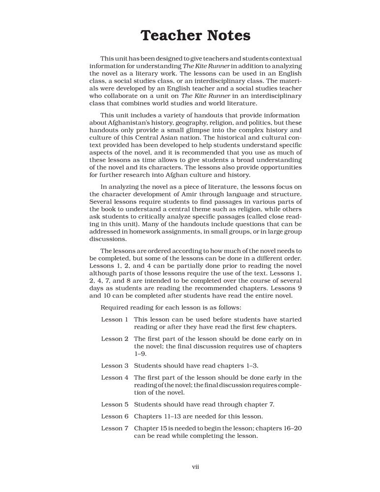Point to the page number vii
point(195,466)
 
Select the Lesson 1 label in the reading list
point(115,319)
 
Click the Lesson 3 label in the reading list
point(115,366)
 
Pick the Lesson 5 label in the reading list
point(115,404)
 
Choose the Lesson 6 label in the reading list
point(115,416)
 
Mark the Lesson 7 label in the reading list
point(115,428)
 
